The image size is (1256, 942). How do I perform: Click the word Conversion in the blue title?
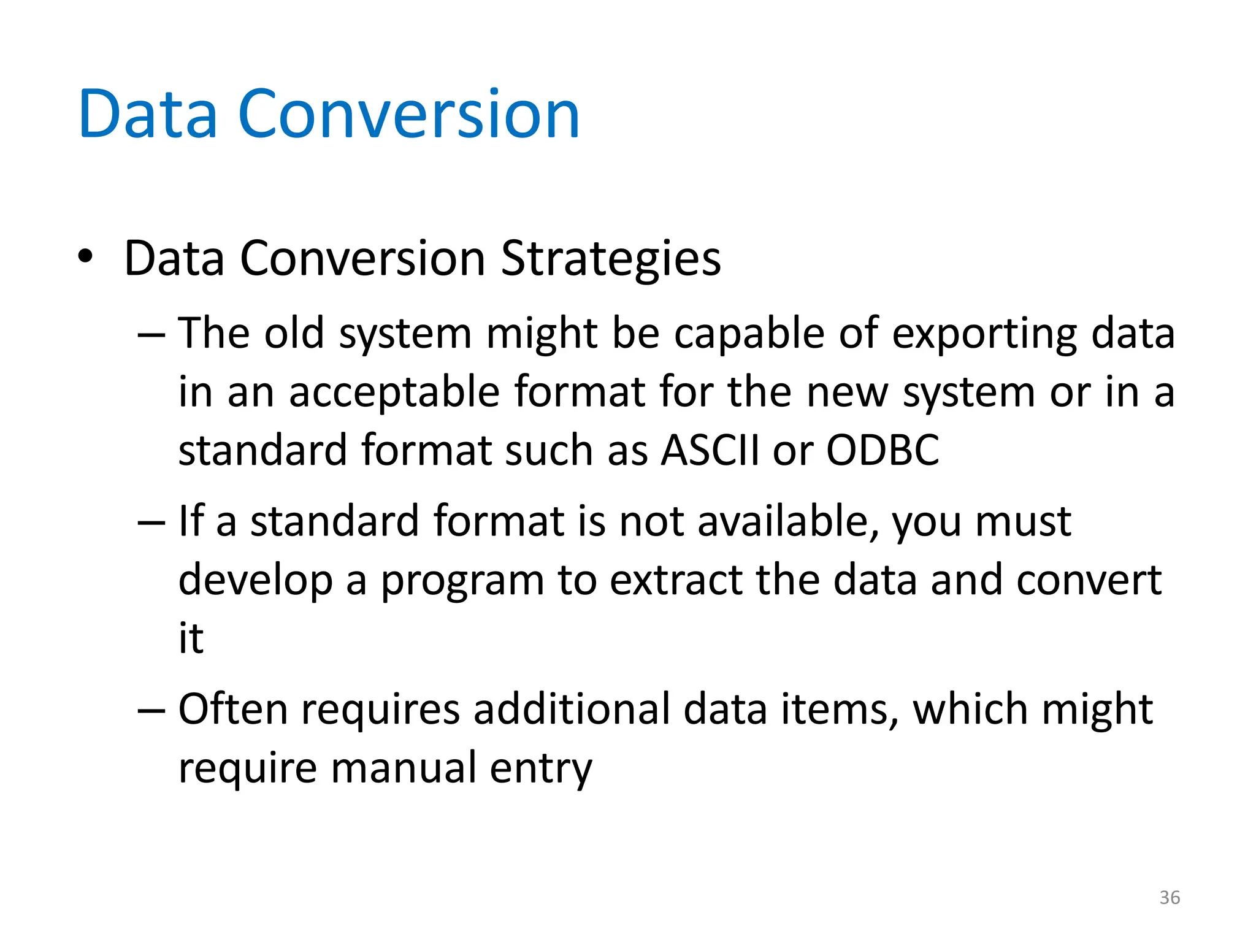coord(408,115)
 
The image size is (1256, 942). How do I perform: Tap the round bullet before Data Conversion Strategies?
coord(85,256)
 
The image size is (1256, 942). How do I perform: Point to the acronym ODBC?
coord(883,450)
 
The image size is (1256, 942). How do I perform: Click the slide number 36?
coord(1170,898)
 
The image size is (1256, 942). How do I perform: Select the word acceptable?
coord(394,392)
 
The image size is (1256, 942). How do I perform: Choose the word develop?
coord(255,581)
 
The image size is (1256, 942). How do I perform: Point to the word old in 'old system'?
coord(294,334)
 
